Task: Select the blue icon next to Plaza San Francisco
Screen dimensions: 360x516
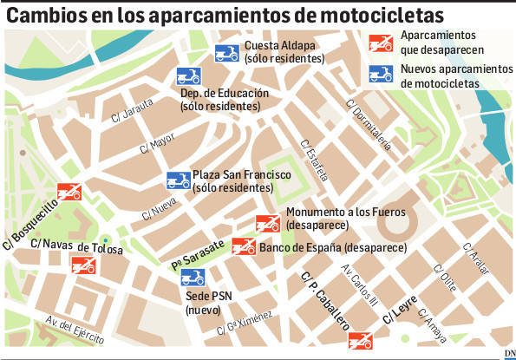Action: point(179,180)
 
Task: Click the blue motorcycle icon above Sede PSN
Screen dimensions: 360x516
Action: point(192,278)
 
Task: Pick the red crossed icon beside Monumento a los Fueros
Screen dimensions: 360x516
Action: point(268,222)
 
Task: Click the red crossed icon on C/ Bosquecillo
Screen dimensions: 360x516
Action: point(69,191)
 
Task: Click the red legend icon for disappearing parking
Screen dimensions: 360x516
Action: point(380,41)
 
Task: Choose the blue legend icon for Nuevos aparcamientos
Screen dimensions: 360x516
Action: point(380,75)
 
